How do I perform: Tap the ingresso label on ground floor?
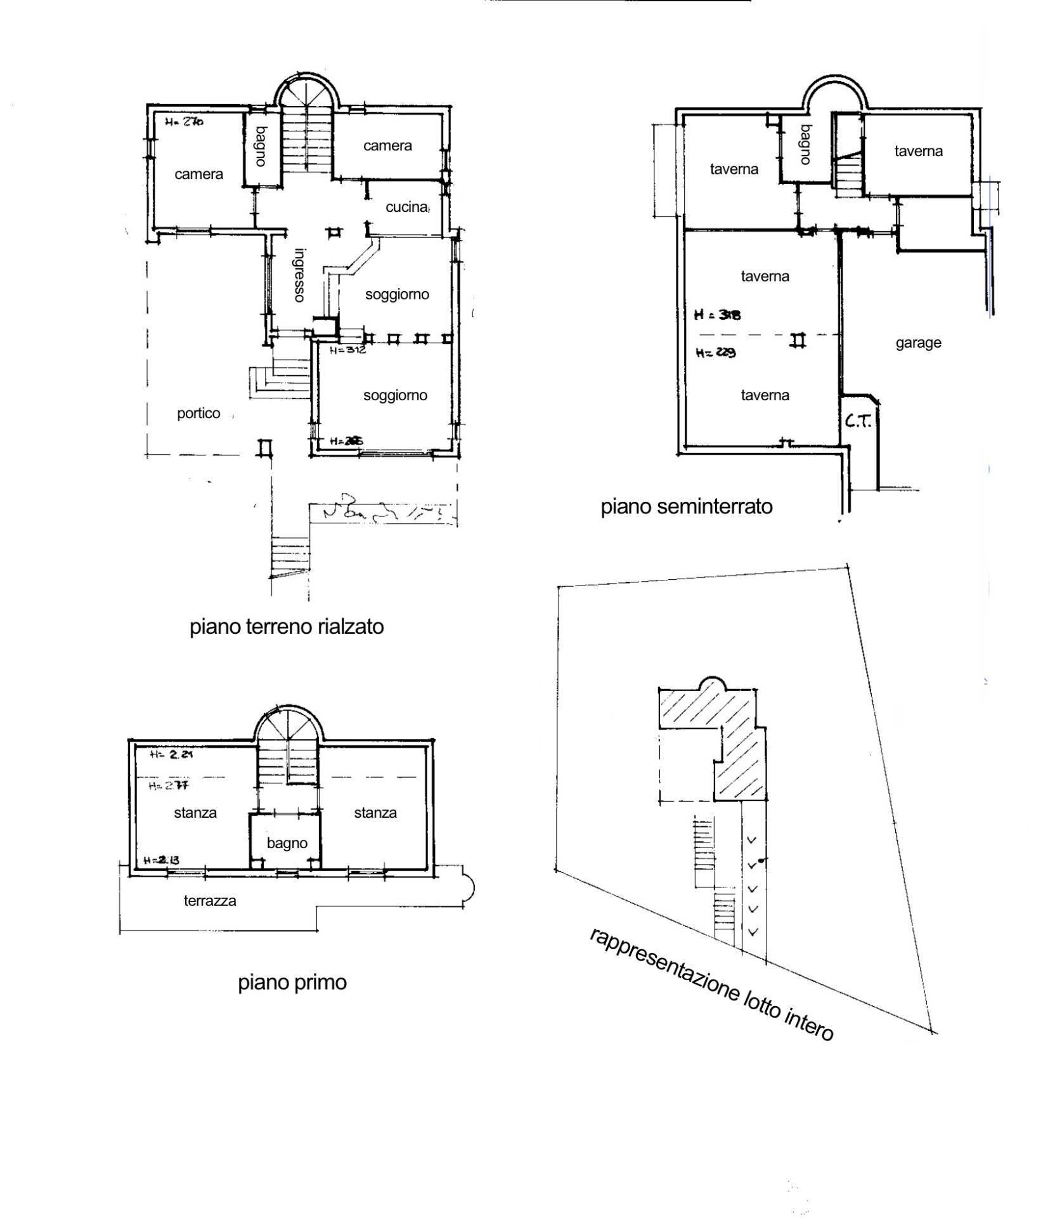tap(299, 274)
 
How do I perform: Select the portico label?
tap(198, 414)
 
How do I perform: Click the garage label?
tap(918, 343)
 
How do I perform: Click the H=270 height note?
tap(184, 122)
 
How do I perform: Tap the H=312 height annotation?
tap(348, 350)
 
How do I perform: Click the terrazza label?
tap(210, 901)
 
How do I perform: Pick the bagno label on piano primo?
tap(287, 843)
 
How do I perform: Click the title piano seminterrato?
tap(687, 506)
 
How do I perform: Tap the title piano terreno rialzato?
tap(287, 627)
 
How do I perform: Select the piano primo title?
tap(292, 983)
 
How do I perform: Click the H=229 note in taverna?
tap(715, 353)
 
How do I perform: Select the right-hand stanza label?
tap(375, 813)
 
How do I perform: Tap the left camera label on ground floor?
tap(199, 174)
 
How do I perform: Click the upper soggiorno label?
tap(397, 294)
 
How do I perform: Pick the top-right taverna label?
tap(918, 151)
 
